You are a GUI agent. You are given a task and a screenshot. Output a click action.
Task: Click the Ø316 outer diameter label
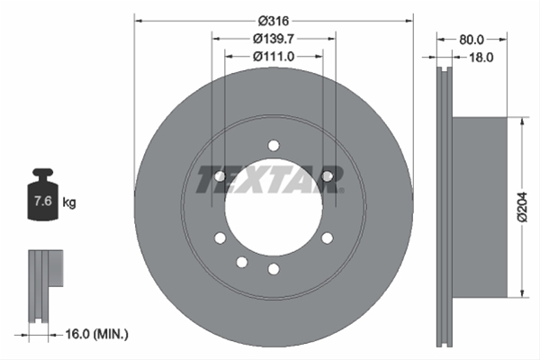(274, 22)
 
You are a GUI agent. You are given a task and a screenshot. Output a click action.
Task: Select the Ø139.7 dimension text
(274, 39)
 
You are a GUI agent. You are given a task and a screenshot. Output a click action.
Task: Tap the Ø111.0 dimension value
(274, 56)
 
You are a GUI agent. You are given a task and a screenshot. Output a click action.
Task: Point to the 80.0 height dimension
(472, 40)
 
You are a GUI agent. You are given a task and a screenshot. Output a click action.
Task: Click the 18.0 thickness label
(481, 58)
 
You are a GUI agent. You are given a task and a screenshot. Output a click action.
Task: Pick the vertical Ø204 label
(523, 207)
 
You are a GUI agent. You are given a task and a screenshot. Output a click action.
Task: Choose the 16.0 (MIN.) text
(97, 334)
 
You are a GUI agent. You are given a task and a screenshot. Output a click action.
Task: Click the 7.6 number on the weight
(42, 201)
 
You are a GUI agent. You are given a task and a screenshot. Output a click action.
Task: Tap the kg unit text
(69, 202)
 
